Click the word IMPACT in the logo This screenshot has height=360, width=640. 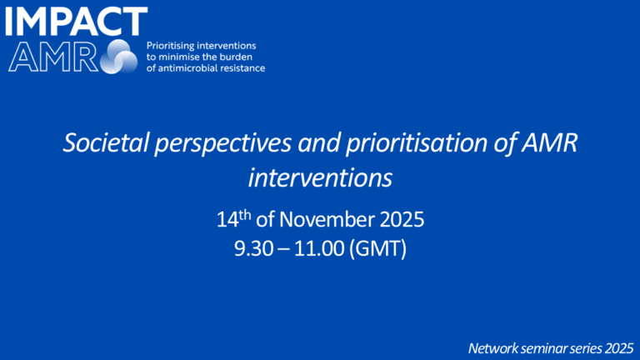tap(76, 22)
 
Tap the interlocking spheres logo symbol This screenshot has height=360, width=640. tap(118, 57)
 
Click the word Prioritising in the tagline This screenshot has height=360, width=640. tap(172, 44)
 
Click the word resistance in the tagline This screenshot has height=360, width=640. tap(242, 67)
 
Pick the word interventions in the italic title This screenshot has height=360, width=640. tap(320, 177)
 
